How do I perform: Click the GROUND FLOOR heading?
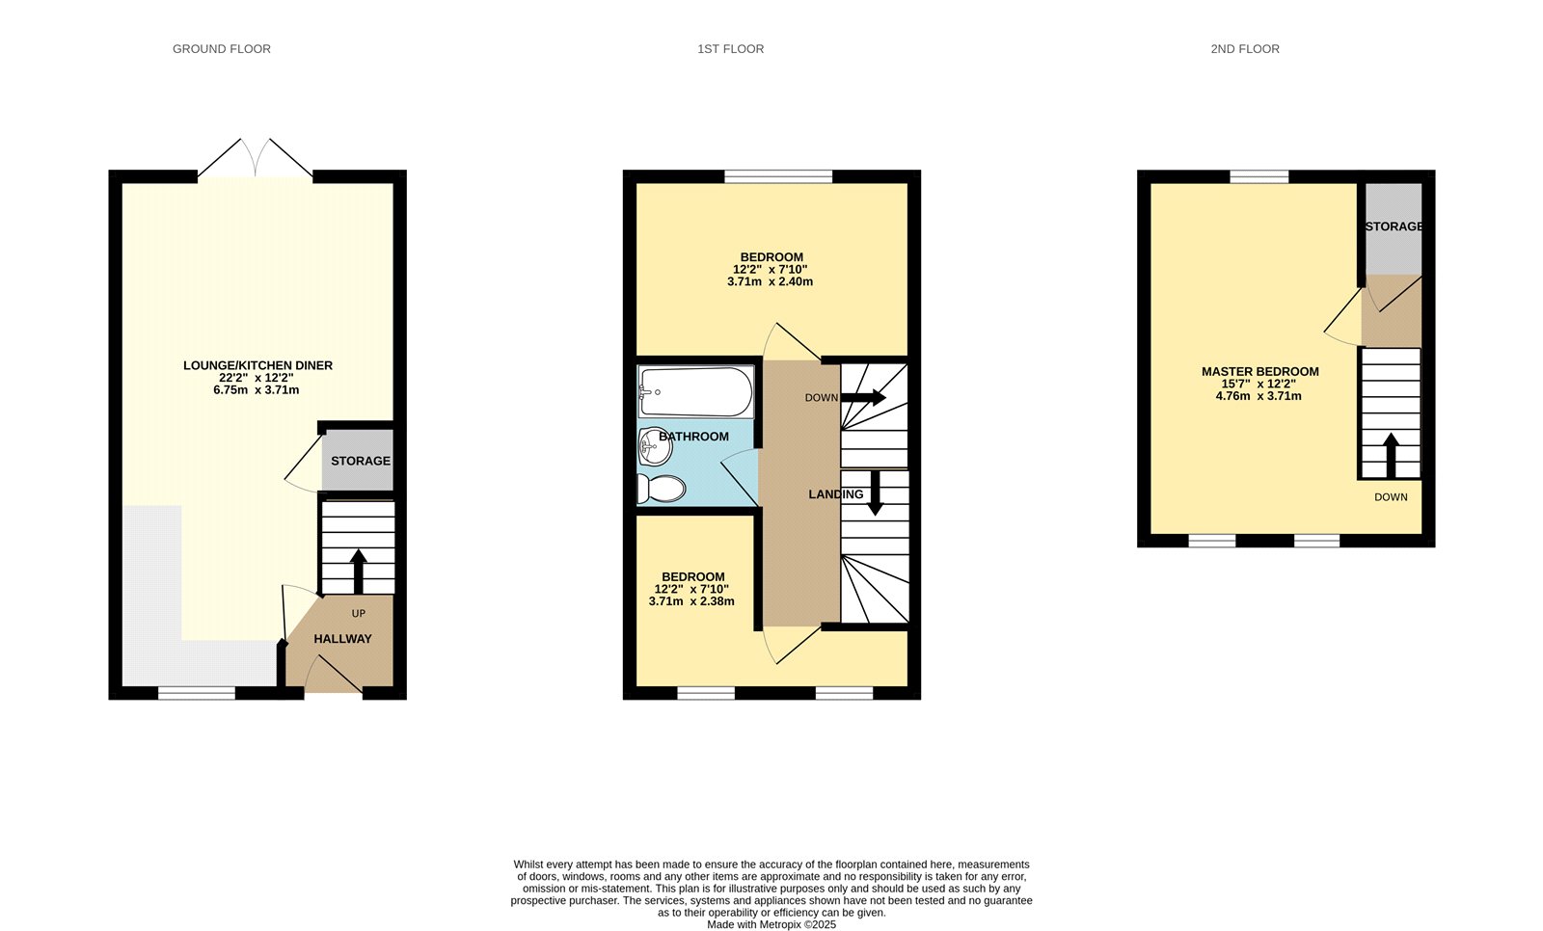coord(221,49)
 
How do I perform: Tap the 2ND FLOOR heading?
coord(1244,49)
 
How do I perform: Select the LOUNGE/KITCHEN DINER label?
coord(257,365)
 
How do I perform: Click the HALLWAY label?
coord(342,639)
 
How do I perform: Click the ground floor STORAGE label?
coord(360,461)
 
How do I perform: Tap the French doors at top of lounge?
coord(256,159)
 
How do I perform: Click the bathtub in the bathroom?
coord(695,391)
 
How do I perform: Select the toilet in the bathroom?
coord(662,489)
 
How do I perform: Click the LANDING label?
coord(835,494)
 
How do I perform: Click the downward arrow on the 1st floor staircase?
coord(875,492)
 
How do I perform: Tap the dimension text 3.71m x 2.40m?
coord(770,282)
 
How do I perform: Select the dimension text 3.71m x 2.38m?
coord(691,601)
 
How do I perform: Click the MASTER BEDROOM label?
coord(1259,371)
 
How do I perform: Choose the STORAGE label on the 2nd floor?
coord(1393,226)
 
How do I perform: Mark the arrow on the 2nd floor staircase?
coord(1390,455)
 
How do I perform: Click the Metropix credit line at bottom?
coord(771,924)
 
